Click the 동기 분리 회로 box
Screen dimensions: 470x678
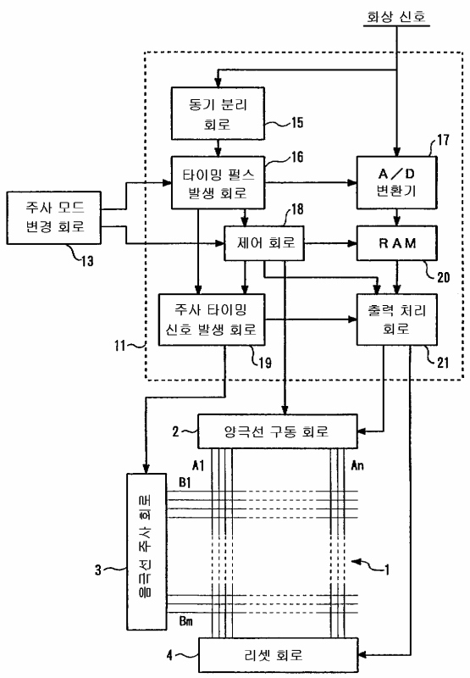point(218,114)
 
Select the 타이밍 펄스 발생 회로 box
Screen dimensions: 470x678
point(218,183)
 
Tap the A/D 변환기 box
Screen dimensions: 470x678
point(396,182)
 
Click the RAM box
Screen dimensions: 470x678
point(396,243)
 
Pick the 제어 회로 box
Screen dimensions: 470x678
point(264,243)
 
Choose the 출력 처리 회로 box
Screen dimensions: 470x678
point(396,320)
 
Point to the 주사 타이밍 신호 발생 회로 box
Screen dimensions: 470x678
point(212,320)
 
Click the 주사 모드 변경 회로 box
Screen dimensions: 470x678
point(54,218)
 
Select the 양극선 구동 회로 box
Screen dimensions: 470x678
point(277,431)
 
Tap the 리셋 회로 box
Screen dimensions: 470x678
point(279,655)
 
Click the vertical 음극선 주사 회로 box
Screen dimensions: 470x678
point(147,552)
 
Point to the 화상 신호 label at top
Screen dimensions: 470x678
point(396,16)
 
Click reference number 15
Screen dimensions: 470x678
point(297,122)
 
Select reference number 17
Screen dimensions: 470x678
point(443,140)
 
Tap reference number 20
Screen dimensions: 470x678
point(443,277)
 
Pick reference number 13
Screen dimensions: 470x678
point(87,261)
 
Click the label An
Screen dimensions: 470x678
point(357,465)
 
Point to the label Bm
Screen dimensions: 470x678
point(185,621)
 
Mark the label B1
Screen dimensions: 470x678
point(185,482)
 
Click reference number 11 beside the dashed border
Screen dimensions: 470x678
point(119,346)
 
